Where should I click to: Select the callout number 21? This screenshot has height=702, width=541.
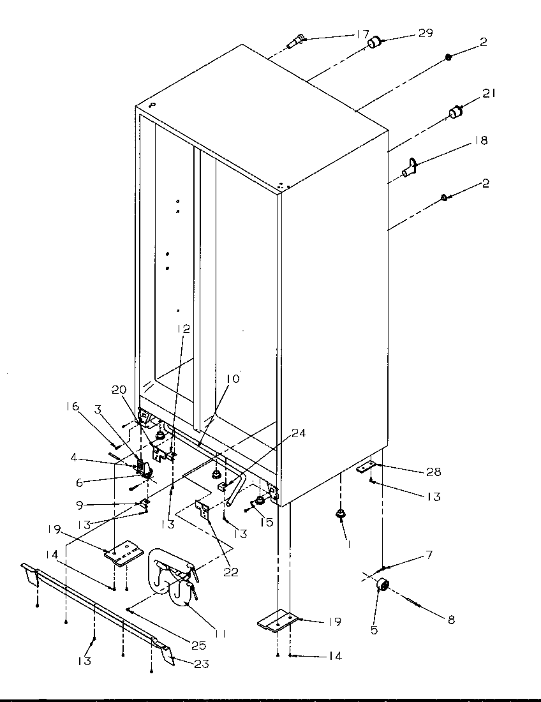489,94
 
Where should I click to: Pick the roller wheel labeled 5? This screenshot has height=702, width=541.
384,585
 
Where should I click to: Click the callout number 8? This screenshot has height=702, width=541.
450,619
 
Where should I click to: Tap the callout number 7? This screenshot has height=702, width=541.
429,555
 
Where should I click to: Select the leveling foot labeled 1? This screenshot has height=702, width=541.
341,513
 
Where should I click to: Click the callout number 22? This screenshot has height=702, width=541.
230,572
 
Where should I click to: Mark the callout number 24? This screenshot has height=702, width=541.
299,433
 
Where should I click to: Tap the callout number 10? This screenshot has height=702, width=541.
232,379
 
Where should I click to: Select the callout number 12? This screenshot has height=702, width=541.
184,329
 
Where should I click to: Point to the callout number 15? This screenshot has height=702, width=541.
266,522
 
